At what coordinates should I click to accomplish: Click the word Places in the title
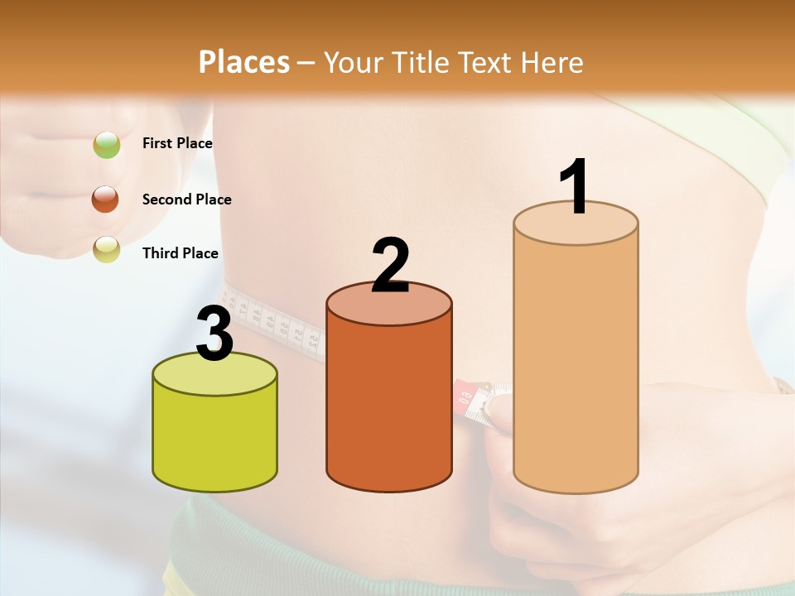pos(244,62)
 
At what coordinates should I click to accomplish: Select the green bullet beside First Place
pos(107,145)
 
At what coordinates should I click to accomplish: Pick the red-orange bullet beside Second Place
pos(106,199)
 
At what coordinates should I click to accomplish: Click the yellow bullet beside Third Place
pos(107,249)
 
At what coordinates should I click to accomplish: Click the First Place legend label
pos(177,143)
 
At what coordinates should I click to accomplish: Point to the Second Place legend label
pos(186,199)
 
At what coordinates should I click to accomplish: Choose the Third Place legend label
pos(180,253)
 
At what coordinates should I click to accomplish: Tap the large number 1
pos(574,187)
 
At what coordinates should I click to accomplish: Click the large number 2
pos(390,266)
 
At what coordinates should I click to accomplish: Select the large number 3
pos(214,334)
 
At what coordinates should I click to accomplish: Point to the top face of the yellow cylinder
pos(214,374)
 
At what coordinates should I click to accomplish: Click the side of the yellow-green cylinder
pos(214,439)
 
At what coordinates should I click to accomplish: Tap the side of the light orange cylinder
pos(576,364)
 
